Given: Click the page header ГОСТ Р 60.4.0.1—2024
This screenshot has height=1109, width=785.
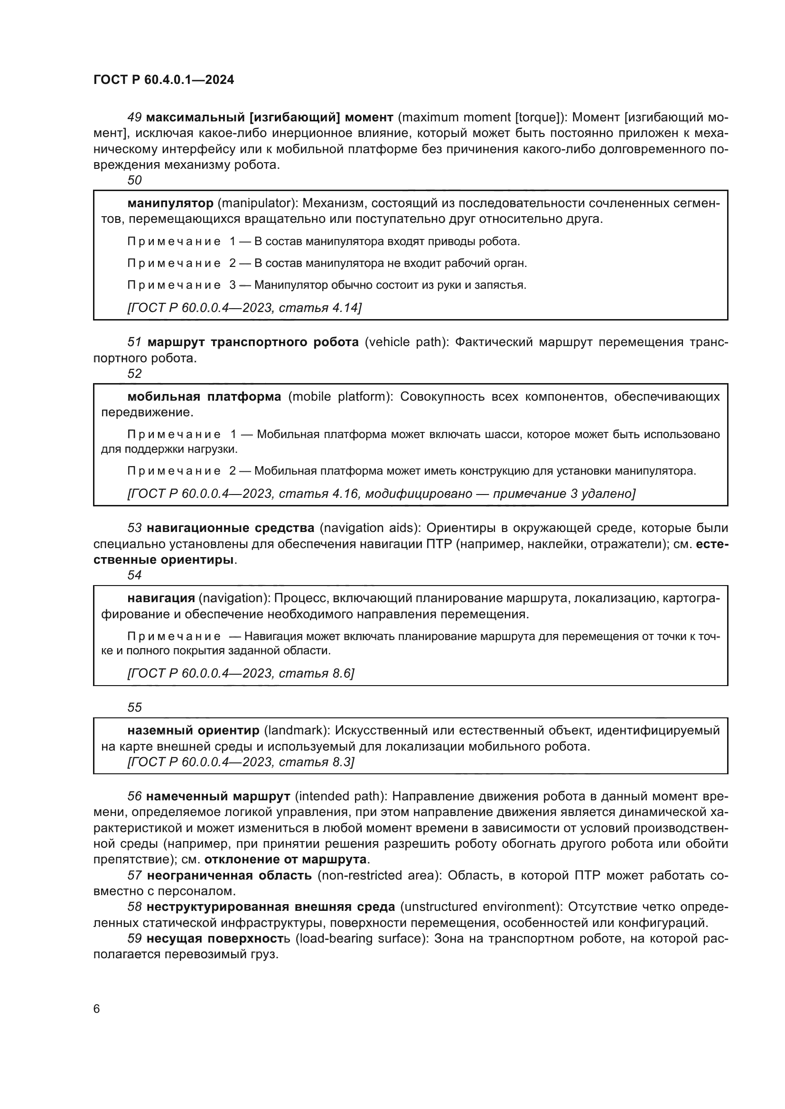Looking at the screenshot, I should coord(163,80).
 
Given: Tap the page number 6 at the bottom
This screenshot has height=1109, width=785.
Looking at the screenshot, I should coord(97,1008).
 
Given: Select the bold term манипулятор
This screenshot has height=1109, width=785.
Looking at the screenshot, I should coord(170,203).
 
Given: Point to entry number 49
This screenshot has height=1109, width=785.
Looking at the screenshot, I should coord(134,118).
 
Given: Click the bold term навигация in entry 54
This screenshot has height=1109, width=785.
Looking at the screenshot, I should coord(161,598).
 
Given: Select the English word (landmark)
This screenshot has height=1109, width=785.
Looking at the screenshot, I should coord(297,730).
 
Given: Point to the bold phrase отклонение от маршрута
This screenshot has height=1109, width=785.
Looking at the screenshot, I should coord(285,860).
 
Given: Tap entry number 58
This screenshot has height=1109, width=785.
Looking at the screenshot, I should coord(134,907).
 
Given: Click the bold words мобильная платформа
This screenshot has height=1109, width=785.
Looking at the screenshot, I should coord(204,397).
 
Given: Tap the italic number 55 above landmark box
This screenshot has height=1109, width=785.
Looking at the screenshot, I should coord(134,707).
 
